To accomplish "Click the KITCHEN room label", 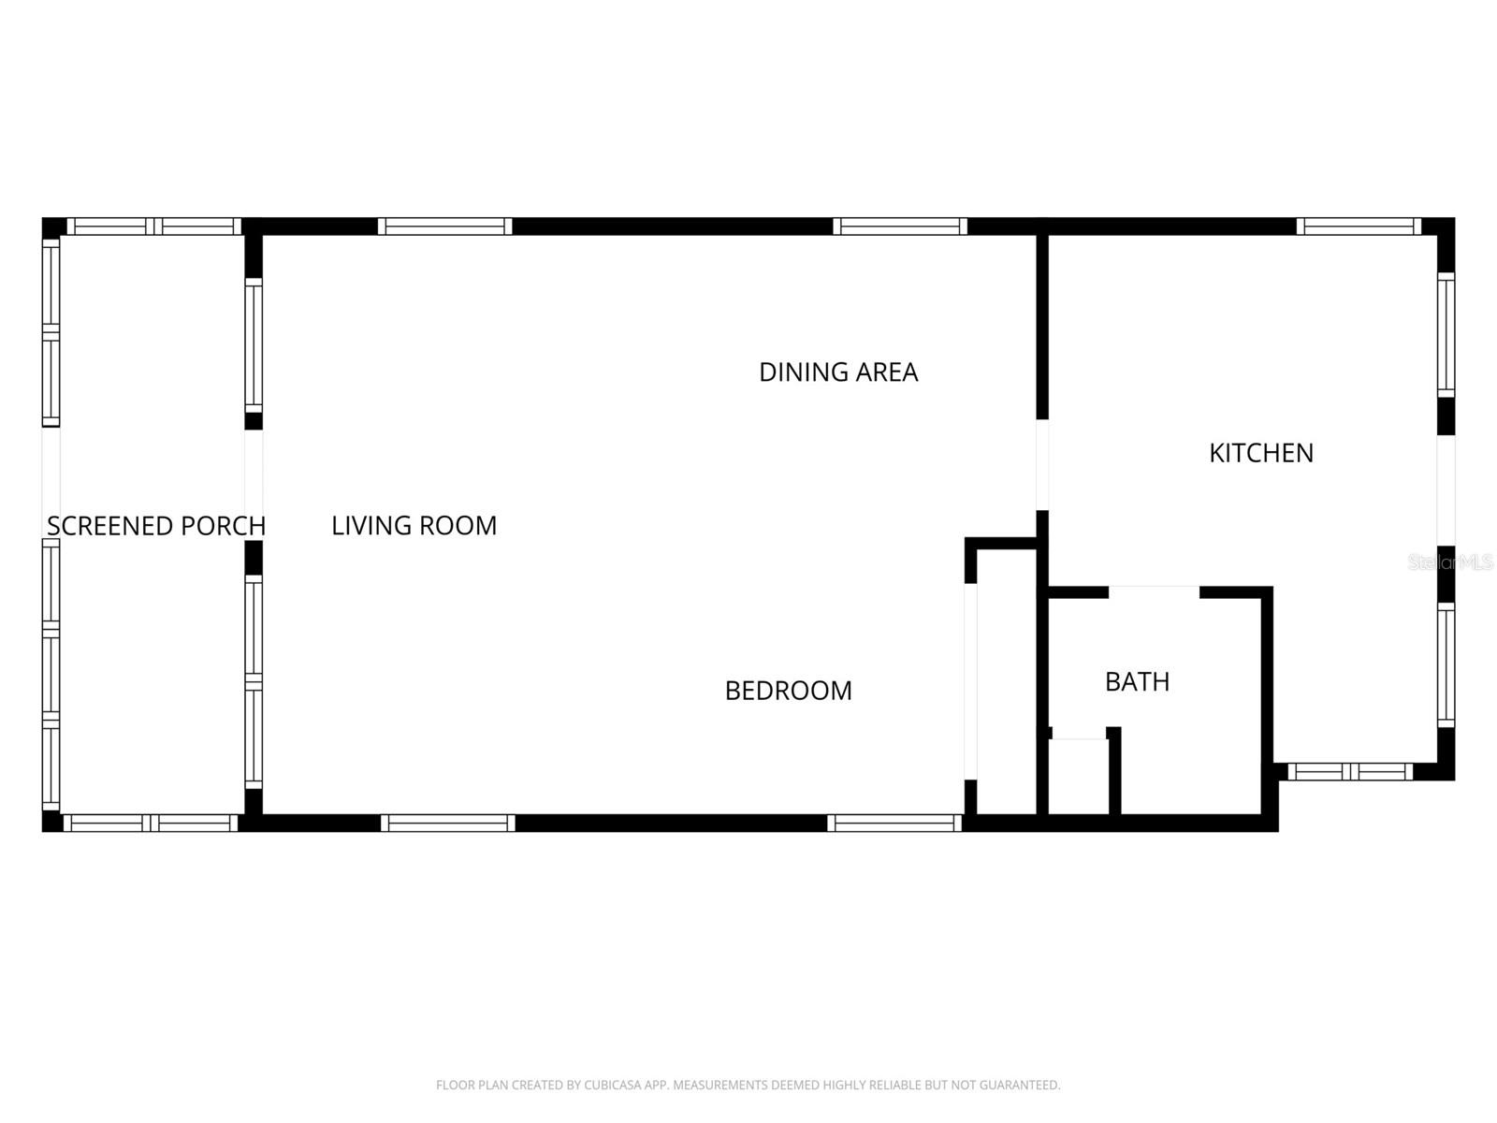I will (x=1260, y=453).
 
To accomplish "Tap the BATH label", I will (x=1137, y=681).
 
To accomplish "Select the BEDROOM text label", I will (x=788, y=691).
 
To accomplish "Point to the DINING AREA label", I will (x=837, y=372).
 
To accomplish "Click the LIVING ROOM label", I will (x=414, y=526).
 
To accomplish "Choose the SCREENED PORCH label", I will (x=155, y=526).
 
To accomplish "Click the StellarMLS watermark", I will (x=1449, y=562).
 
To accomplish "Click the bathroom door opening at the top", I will (x=1154, y=592).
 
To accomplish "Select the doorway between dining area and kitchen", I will (x=1041, y=465).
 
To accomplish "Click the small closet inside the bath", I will (x=1078, y=777).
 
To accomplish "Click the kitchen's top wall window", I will (x=1359, y=226).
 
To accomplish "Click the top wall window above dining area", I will (x=899, y=226).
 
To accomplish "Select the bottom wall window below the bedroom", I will (x=894, y=824).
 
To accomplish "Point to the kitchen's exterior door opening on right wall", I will (x=1446, y=490).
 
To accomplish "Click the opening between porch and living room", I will (x=254, y=485).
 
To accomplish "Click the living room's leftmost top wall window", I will (x=444, y=226).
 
